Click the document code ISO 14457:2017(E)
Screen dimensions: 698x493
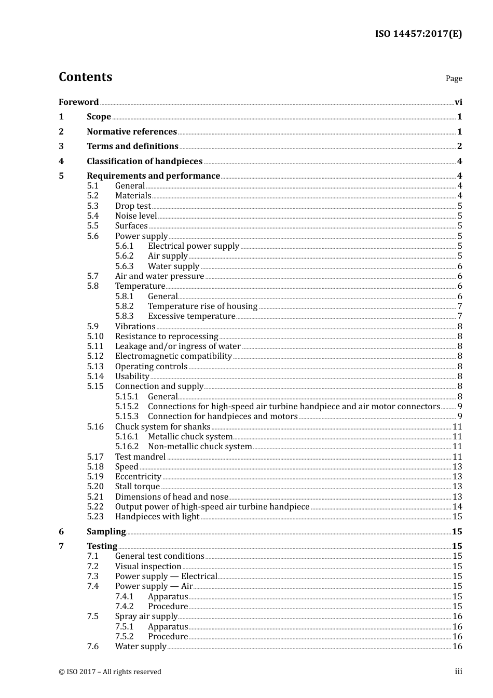coord(418,34)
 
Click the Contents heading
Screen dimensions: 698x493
coord(85,77)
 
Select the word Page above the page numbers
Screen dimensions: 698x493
coord(454,78)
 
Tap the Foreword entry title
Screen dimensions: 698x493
coord(78,102)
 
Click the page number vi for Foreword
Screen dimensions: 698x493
coord(458,102)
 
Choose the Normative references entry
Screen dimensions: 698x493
coord(132,131)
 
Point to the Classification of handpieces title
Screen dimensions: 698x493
coord(144,161)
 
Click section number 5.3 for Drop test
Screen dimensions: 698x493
coord(92,206)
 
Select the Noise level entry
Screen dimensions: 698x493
coord(136,216)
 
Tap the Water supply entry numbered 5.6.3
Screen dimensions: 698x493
coord(173,266)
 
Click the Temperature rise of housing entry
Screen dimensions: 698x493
coord(202,306)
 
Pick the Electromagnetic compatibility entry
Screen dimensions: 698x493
coord(173,356)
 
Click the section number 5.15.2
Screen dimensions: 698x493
coord(127,406)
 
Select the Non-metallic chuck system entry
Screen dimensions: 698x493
coord(200,446)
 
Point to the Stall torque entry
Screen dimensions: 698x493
coord(138,486)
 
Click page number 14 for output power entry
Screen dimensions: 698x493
coord(457,506)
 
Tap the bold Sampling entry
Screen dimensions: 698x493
coord(106,531)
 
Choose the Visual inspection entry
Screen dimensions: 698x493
coord(148,566)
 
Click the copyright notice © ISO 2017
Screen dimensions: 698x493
coord(110,672)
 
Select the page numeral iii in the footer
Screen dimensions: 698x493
coord(458,672)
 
